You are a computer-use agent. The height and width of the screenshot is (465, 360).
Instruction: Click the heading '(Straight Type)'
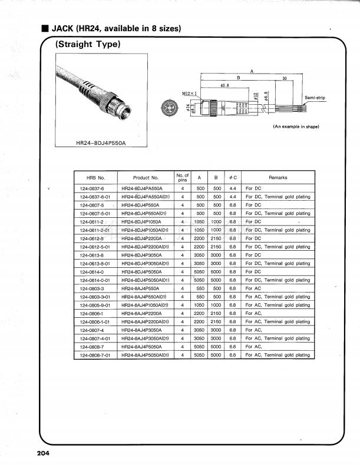pos(88,44)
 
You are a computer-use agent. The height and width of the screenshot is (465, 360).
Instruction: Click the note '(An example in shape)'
pos(296,127)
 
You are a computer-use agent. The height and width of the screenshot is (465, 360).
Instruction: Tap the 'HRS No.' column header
pos(95,177)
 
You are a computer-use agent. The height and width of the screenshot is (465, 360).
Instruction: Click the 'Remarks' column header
pos(278,177)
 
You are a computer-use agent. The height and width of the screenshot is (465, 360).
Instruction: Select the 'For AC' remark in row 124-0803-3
pos(254,288)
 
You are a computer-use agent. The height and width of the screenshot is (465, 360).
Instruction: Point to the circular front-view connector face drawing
pos(170,107)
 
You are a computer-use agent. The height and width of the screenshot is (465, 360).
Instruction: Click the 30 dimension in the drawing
pos(285,78)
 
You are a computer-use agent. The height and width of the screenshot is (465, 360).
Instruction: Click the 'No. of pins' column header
pos(183,177)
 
